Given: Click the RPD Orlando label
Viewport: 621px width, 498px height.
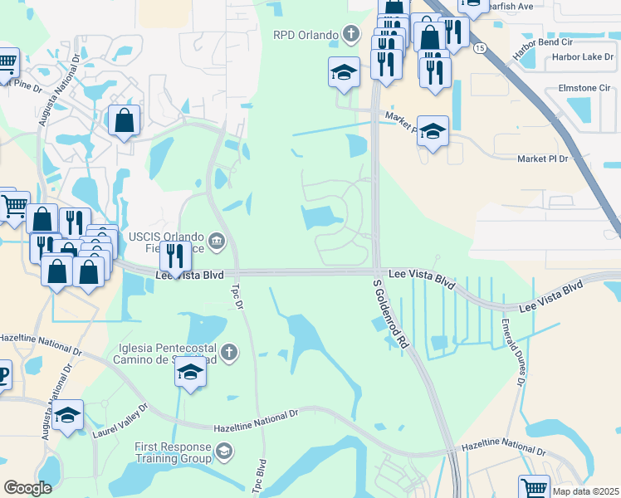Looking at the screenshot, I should pos(306,35).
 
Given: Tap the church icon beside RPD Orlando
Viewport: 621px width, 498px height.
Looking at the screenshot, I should pos(351,35).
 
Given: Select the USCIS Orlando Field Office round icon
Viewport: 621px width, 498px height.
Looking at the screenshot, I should pos(217,242).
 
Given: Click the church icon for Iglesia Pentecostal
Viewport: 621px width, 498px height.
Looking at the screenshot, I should pos(229,353).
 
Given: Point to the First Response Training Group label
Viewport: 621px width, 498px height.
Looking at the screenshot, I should pos(173,452).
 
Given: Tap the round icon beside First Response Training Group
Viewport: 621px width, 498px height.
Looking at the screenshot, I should pos(223,452).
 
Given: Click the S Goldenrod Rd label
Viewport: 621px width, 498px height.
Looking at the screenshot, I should pos(391,315).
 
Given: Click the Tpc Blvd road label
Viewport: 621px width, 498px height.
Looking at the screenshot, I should pos(261,476).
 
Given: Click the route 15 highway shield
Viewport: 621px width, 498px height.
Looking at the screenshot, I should pos(480,48).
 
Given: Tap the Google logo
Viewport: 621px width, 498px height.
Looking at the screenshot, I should pos(28,488).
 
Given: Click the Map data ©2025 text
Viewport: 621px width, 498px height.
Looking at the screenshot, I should pos(586,491).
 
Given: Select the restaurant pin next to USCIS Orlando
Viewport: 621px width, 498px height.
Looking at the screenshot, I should pos(175,255).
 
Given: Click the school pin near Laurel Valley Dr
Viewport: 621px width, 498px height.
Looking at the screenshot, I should pos(68,414).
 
